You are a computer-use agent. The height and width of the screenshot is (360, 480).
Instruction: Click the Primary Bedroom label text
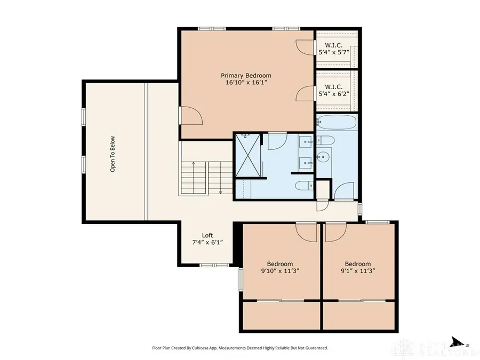click(246, 75)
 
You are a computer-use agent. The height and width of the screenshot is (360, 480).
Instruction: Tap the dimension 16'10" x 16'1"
click(246, 83)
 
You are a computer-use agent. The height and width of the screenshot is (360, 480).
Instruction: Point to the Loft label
click(207, 235)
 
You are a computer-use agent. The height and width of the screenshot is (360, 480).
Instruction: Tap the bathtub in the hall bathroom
click(337, 122)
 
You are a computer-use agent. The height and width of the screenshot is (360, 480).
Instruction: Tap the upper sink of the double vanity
click(306, 141)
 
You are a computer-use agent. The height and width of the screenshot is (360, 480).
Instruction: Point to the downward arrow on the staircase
click(221, 191)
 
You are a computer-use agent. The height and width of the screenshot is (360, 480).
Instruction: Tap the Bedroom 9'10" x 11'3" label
click(279, 267)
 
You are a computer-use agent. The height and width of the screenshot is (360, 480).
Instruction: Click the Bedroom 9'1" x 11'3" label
click(357, 267)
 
